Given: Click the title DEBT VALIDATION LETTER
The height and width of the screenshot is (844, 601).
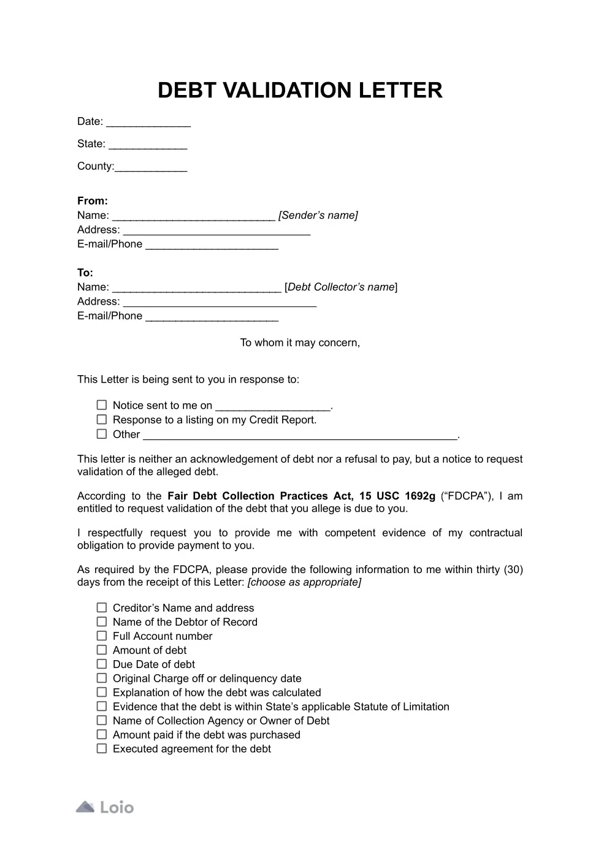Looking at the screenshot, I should coord(300,90).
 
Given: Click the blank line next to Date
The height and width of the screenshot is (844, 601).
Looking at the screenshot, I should coord(148,122).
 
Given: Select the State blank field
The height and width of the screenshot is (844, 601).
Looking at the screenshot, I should coord(148,145).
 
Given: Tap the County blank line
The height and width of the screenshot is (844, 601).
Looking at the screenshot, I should coord(151,167).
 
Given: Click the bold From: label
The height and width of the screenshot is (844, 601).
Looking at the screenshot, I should coord(93,200).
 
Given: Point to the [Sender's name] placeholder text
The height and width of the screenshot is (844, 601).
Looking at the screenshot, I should coord(318,215).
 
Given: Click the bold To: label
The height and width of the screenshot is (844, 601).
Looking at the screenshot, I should coord(85,272).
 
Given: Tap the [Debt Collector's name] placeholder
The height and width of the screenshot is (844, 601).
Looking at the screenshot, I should coord(341,287).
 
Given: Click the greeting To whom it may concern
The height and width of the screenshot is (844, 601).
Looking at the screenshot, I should coord(300,343).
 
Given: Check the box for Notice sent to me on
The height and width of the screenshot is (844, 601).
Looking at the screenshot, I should coord(102,405).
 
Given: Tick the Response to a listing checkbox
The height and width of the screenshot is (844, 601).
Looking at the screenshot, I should coord(102,419).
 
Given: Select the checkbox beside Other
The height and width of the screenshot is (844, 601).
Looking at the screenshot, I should coord(102,434).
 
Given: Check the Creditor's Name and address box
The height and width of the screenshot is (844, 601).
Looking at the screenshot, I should coord(102,607).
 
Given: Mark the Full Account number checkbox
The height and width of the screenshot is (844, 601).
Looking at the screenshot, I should coord(102,636).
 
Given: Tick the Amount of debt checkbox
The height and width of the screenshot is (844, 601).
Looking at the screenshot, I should coord(102,650).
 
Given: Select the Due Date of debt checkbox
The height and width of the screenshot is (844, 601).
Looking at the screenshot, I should coord(102,664).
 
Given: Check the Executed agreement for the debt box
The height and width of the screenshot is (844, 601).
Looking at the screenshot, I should coord(102,748).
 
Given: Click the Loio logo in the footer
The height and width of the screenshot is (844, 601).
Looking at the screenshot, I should coord(105,807).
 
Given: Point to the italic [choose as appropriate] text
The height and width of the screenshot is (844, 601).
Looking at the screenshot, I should coord(304,582).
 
